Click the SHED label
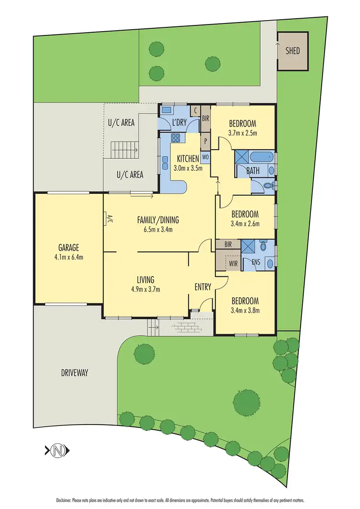pyautogui.click(x=292, y=50)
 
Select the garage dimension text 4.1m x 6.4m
pyautogui.click(x=68, y=257)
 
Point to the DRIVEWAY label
pyautogui.click(x=75, y=373)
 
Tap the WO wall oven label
pyautogui.click(x=205, y=156)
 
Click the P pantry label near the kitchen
pyautogui.click(x=205, y=141)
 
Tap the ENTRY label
pyautogui.click(x=203, y=287)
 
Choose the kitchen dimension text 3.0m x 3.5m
pyautogui.click(x=188, y=168)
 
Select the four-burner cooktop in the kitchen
pyautogui.click(x=176, y=139)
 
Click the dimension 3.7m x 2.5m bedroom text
pyautogui.click(x=243, y=133)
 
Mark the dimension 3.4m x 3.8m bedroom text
pyautogui.click(x=245, y=310)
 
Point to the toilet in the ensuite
pyautogui.click(x=263, y=247)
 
